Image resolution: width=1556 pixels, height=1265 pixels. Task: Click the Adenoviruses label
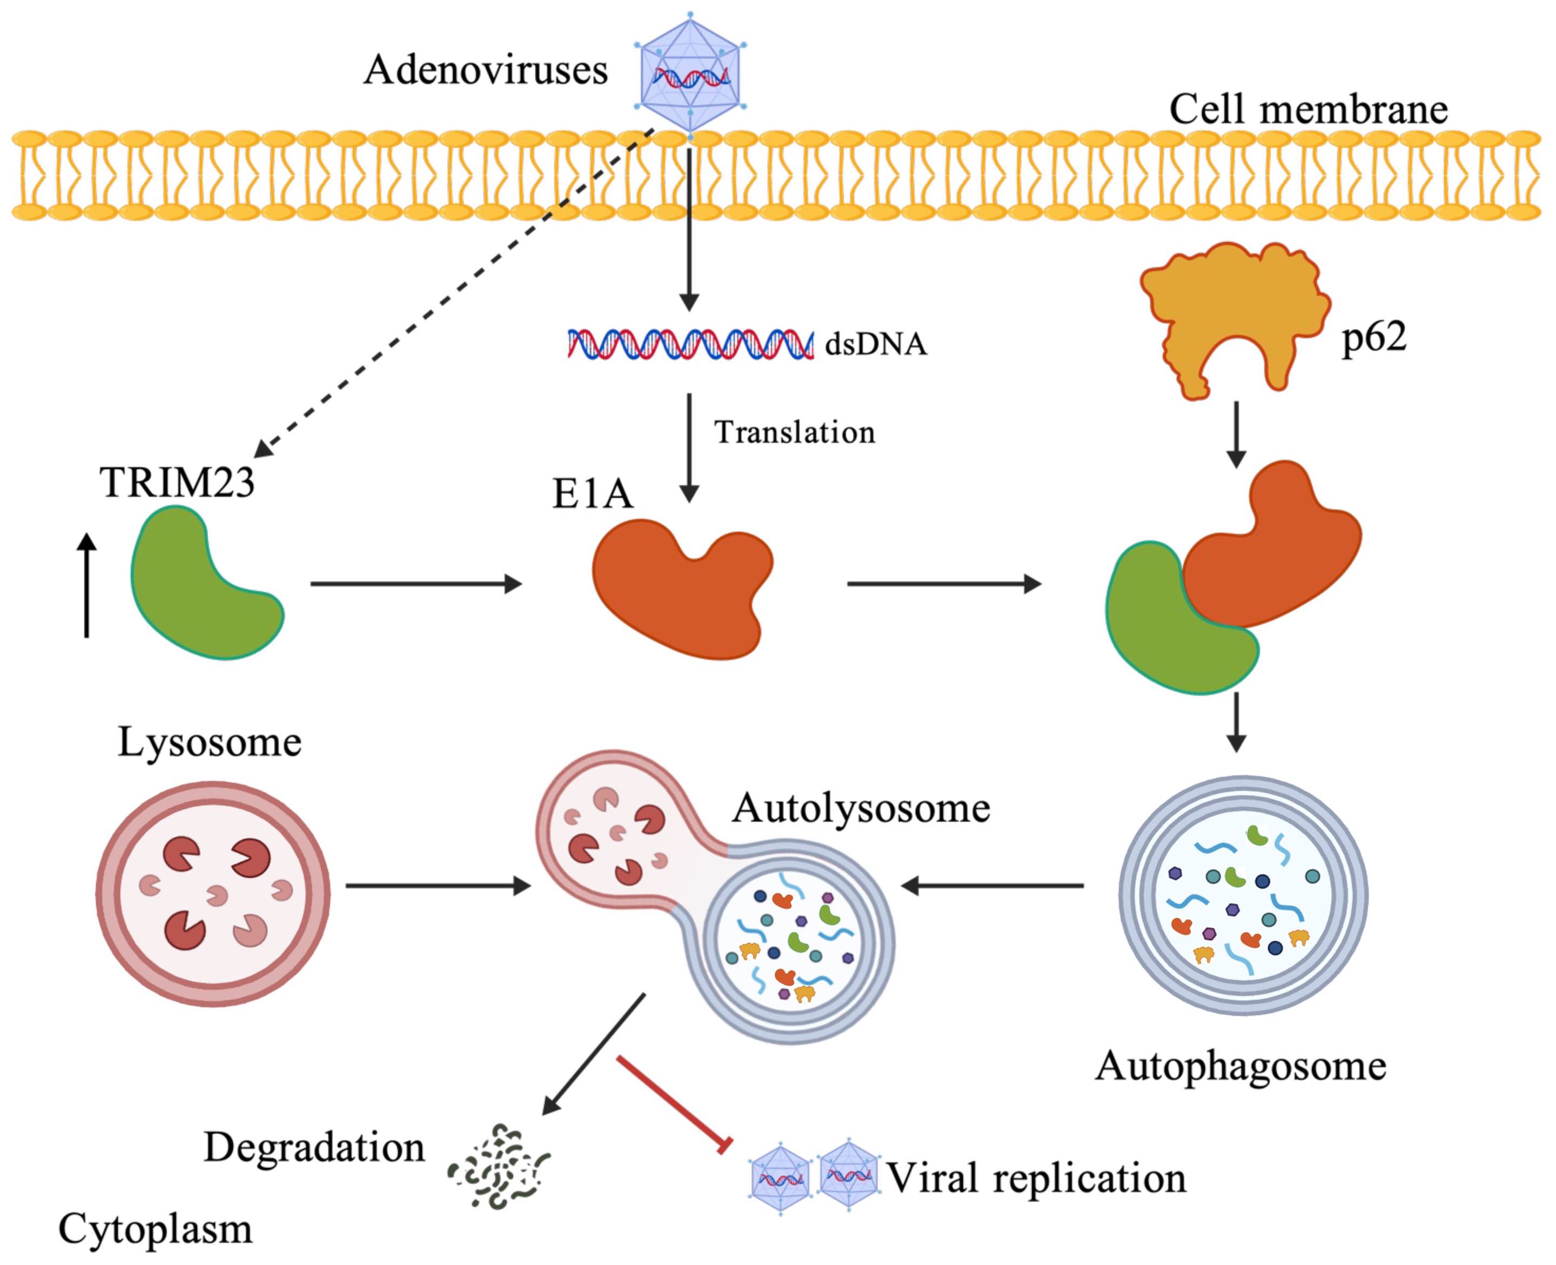click(486, 71)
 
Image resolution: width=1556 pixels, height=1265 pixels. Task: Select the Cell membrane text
click(1309, 109)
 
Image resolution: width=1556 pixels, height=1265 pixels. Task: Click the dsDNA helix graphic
click(690, 344)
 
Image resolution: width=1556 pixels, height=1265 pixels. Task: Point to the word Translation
click(795, 432)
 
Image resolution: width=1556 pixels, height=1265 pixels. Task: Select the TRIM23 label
click(178, 483)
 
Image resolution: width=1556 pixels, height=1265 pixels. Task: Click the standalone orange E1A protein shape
click(682, 589)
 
